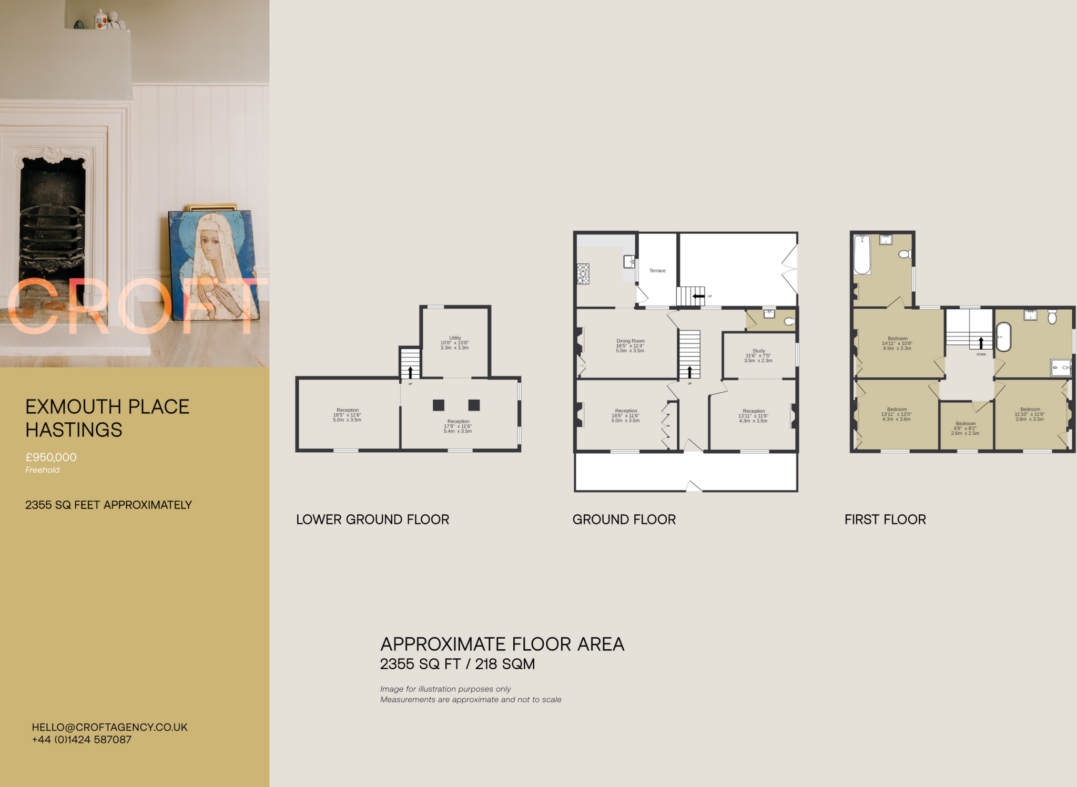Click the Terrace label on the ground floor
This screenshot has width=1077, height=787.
point(657,271)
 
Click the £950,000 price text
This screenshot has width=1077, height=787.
point(51,457)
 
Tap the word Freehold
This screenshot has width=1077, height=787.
point(43,470)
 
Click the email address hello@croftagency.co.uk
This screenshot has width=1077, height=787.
point(109,727)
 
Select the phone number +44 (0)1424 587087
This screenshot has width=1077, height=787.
point(82,740)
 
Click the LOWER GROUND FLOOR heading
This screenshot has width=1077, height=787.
point(372,519)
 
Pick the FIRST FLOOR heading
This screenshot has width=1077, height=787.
point(885,519)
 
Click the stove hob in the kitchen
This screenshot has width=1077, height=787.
point(583,274)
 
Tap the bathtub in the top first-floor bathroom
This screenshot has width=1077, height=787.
point(862,255)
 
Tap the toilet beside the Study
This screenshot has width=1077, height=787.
point(789,321)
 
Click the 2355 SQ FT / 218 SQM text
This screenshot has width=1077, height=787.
point(458,664)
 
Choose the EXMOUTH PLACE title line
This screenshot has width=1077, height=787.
point(107,407)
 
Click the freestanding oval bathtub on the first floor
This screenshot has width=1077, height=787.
point(1003,336)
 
